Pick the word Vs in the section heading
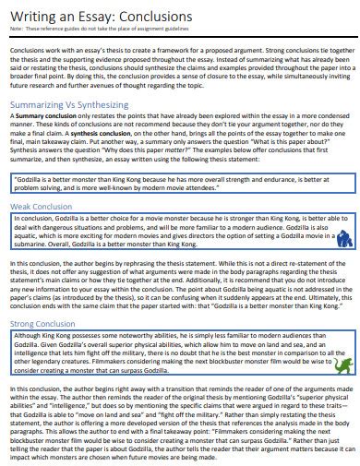(86, 107)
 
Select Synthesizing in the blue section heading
(125, 107)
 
